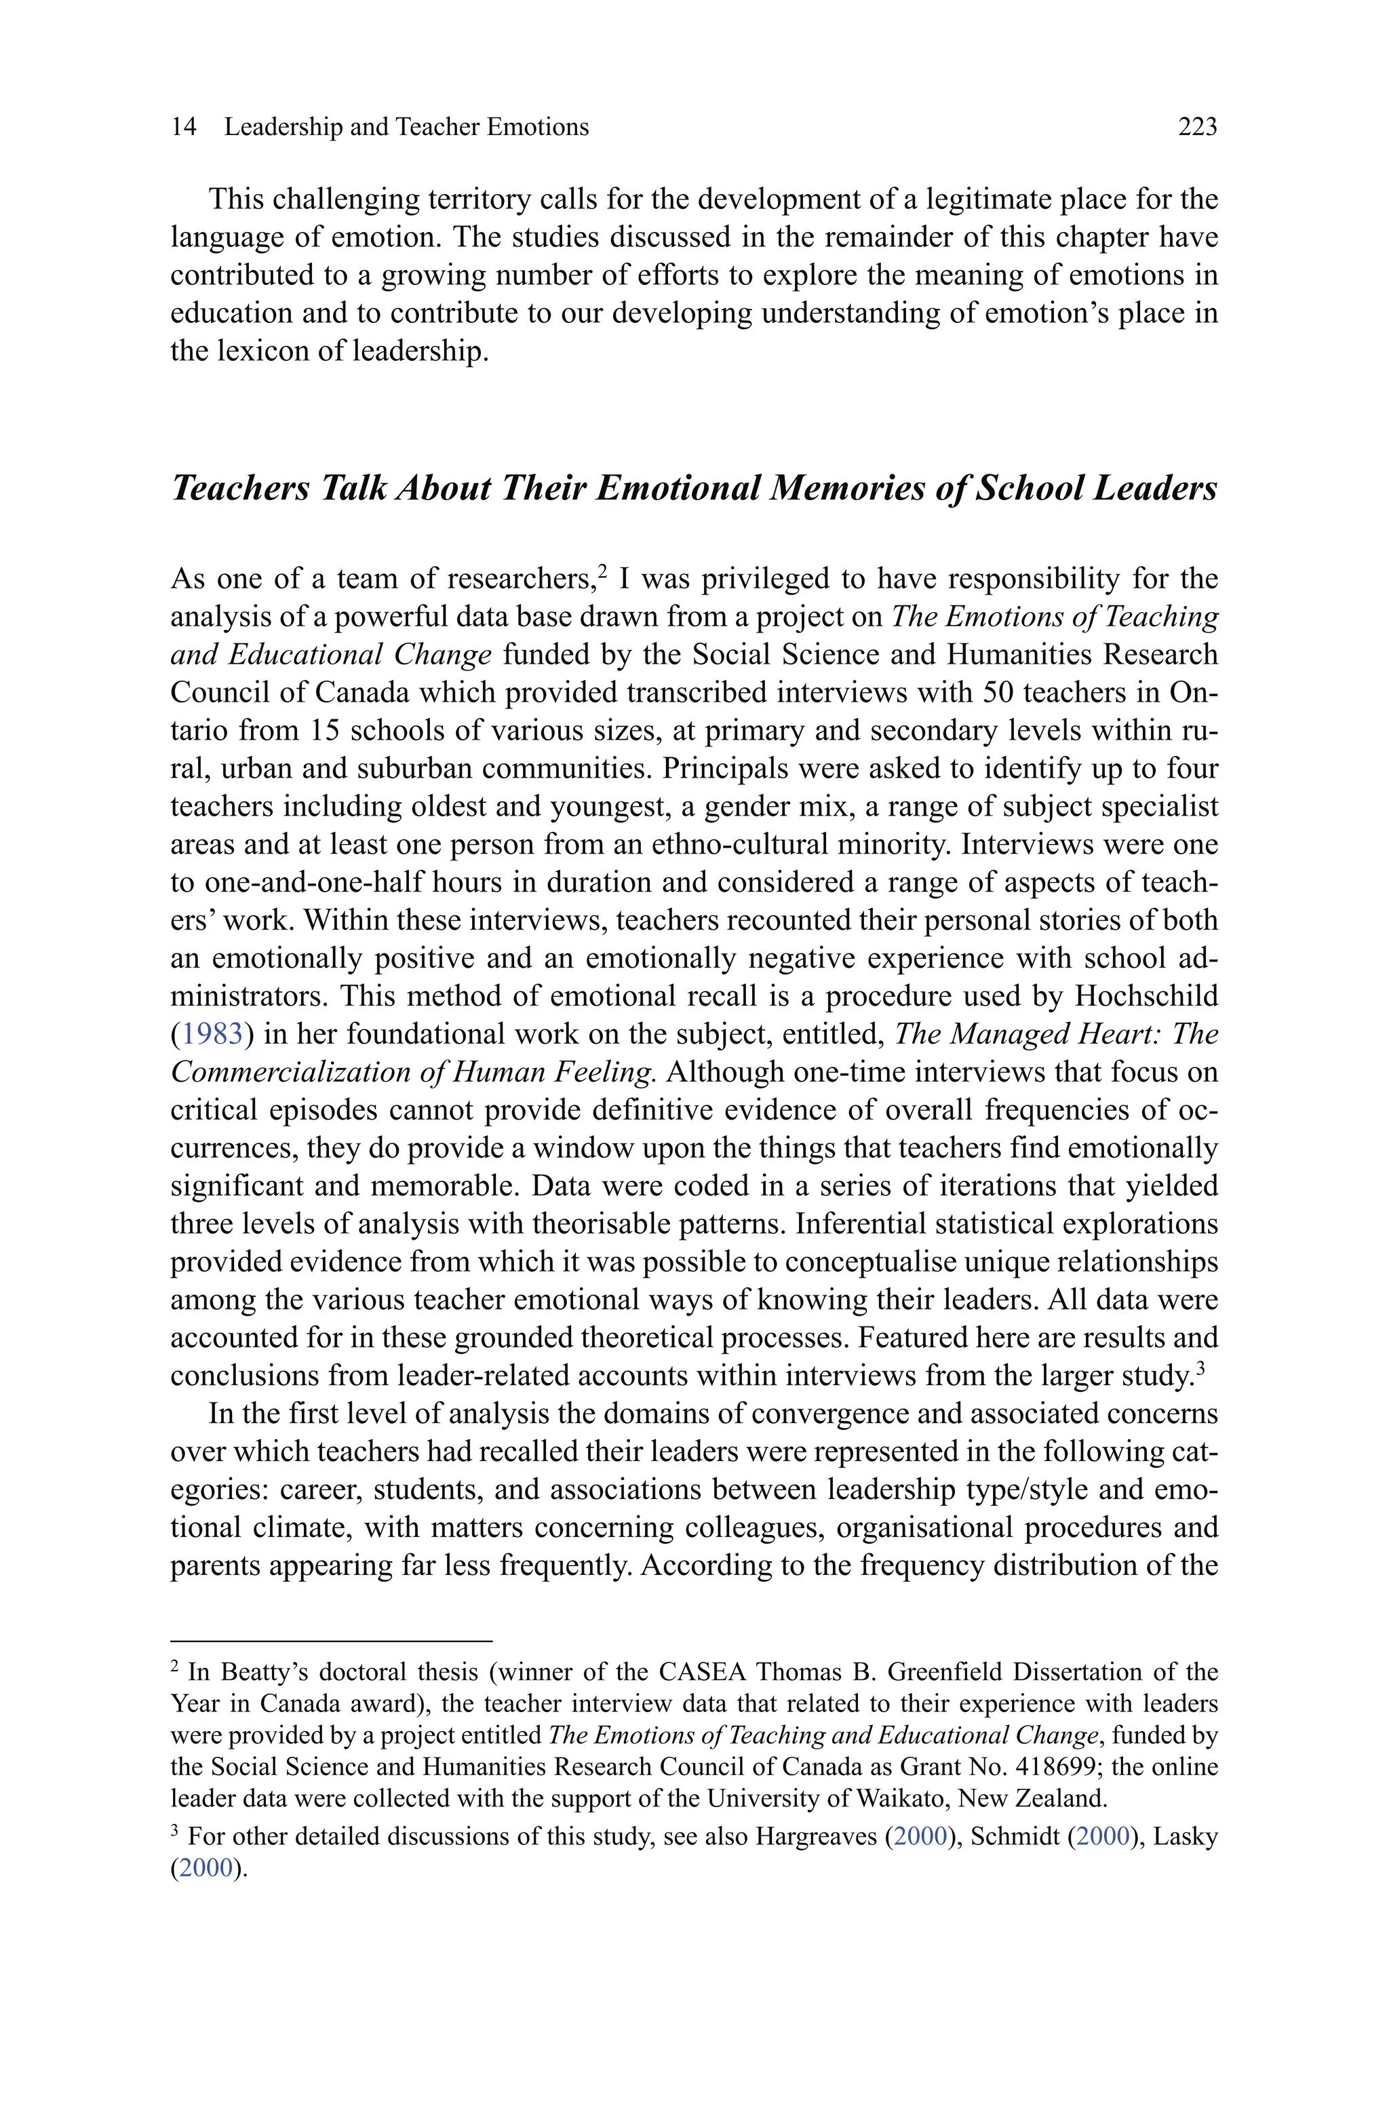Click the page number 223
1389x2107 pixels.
pos(1197,128)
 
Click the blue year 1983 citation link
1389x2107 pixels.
pos(212,1034)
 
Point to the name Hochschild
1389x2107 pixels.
pos(1146,996)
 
